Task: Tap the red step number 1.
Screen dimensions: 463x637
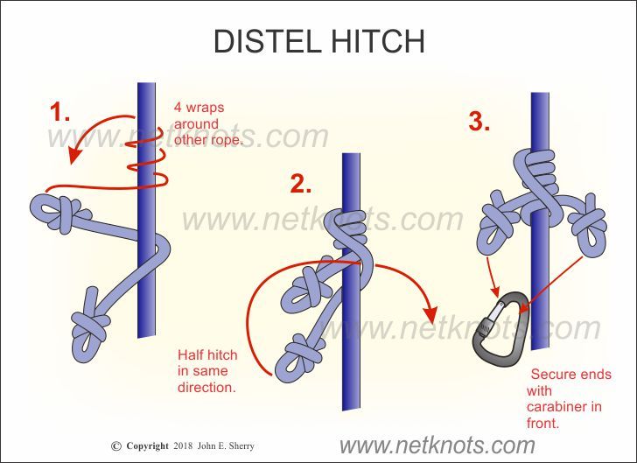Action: click(x=59, y=113)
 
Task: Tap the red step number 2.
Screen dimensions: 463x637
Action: click(x=301, y=184)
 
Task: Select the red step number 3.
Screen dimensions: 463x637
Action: click(x=479, y=122)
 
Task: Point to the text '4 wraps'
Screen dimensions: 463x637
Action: click(x=199, y=108)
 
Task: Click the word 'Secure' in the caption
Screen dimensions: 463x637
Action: click(x=554, y=374)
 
